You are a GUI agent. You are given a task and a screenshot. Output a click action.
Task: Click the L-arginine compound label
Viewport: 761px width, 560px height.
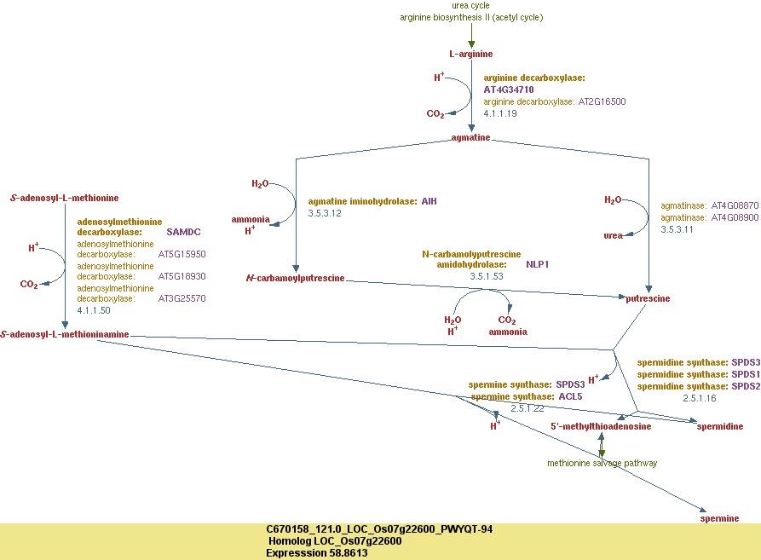coord(471,55)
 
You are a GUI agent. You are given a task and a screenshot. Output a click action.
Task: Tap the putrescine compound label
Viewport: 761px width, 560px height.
coord(649,298)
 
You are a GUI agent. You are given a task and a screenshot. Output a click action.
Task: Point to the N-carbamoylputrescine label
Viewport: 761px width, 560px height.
coord(295,279)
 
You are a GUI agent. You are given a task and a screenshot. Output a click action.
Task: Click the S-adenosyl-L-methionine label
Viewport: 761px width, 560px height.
coord(65,198)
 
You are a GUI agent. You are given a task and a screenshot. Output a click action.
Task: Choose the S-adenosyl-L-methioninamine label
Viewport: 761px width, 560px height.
coord(65,335)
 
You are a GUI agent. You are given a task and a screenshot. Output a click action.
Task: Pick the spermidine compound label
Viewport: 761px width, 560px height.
coord(721,426)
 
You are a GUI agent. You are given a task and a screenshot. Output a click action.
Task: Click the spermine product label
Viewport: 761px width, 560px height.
coord(718,517)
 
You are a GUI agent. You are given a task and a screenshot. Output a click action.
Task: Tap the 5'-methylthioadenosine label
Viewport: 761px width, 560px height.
coord(601,426)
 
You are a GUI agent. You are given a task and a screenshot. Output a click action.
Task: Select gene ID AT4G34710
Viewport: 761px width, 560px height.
coord(509,89)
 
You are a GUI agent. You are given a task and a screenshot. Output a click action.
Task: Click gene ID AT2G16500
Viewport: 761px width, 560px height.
coord(602,101)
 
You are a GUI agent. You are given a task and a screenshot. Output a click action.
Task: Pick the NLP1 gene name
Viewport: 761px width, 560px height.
coord(537,264)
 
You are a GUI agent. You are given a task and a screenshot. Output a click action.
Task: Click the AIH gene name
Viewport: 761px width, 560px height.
coord(429,201)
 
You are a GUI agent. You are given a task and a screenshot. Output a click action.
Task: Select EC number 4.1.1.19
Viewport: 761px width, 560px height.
coord(500,113)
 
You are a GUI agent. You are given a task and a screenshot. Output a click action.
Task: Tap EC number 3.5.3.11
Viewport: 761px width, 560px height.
coord(677,229)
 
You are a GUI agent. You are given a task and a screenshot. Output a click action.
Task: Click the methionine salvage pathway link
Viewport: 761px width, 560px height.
coord(602,463)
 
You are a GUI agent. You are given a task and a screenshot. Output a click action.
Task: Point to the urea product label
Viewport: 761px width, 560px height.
coord(614,236)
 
